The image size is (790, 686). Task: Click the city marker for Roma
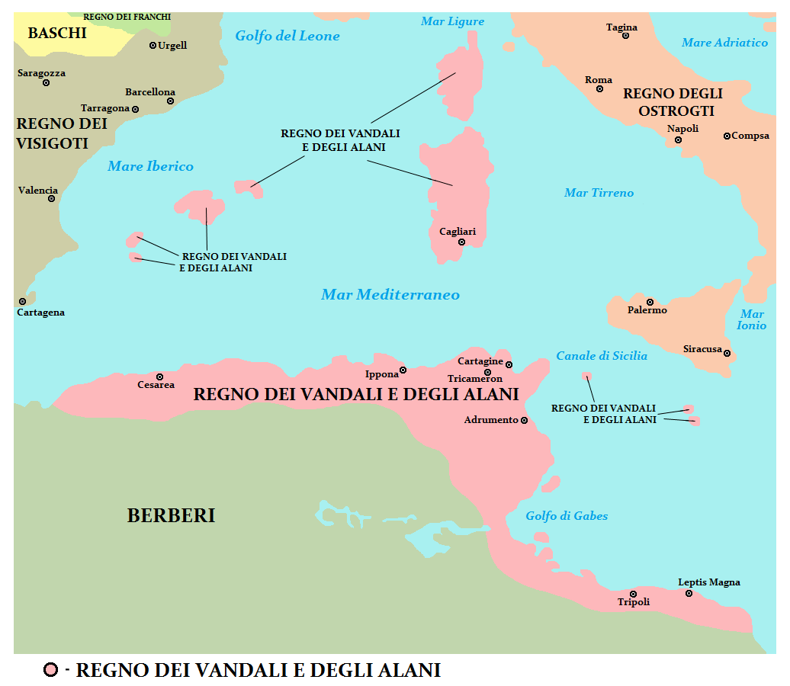coord(600,89)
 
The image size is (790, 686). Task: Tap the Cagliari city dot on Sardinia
coord(461,242)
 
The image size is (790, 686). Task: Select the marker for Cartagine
coord(509,364)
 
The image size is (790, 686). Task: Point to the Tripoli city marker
coord(633,594)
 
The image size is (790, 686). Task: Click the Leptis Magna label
coord(709,582)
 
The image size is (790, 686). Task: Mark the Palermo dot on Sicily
coord(650,302)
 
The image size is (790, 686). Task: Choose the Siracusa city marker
coord(727,353)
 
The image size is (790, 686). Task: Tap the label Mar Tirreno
coord(599,193)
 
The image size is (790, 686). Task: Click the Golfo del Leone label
coord(287,36)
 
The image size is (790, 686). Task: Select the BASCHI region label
coord(57,33)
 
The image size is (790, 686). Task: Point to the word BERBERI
coord(171,516)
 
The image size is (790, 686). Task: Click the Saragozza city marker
coord(46,82)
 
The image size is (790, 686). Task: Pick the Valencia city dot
coord(52,199)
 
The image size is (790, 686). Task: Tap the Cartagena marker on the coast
coord(23,301)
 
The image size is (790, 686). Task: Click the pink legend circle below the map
coord(51,671)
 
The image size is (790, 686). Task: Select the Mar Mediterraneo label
coord(390,294)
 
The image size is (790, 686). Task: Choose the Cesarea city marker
coord(160,377)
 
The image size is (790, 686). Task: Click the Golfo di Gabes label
coord(567,516)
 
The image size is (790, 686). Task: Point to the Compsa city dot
coord(727,136)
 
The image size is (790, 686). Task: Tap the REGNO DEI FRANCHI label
coord(127,16)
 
